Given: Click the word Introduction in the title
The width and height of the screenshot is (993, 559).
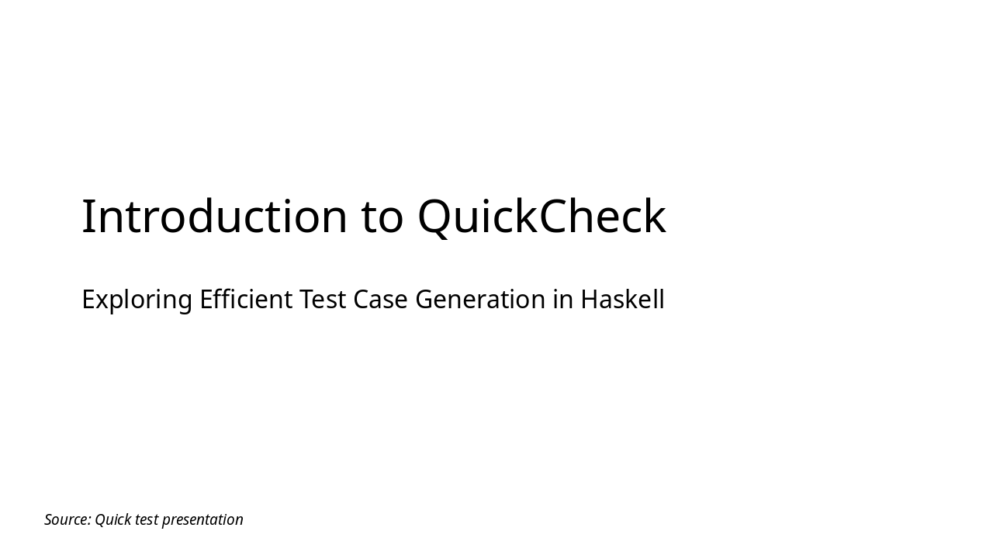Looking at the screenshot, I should pyautogui.click(x=215, y=217).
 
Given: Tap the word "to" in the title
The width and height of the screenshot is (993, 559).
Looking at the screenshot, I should pyautogui.click(x=382, y=217).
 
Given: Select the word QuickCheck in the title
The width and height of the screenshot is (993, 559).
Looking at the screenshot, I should pyautogui.click(x=541, y=217).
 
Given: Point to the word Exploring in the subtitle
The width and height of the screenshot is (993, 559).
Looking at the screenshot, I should pyautogui.click(x=137, y=300).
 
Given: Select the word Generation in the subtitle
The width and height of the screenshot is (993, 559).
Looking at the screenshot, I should pyautogui.click(x=480, y=300).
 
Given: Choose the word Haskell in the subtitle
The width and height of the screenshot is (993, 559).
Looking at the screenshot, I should pyautogui.click(x=622, y=300).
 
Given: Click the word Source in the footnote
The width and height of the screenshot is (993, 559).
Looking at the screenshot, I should pyautogui.click(x=67, y=519).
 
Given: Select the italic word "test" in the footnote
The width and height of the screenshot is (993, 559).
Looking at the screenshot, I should pyautogui.click(x=147, y=519).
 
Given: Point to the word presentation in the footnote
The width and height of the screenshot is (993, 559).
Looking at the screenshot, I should pyautogui.click(x=202, y=519).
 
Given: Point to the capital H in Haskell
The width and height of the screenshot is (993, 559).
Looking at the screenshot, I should pyautogui.click(x=590, y=300).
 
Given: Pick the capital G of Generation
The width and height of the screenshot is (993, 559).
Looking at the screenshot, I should pyautogui.click(x=425, y=300).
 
